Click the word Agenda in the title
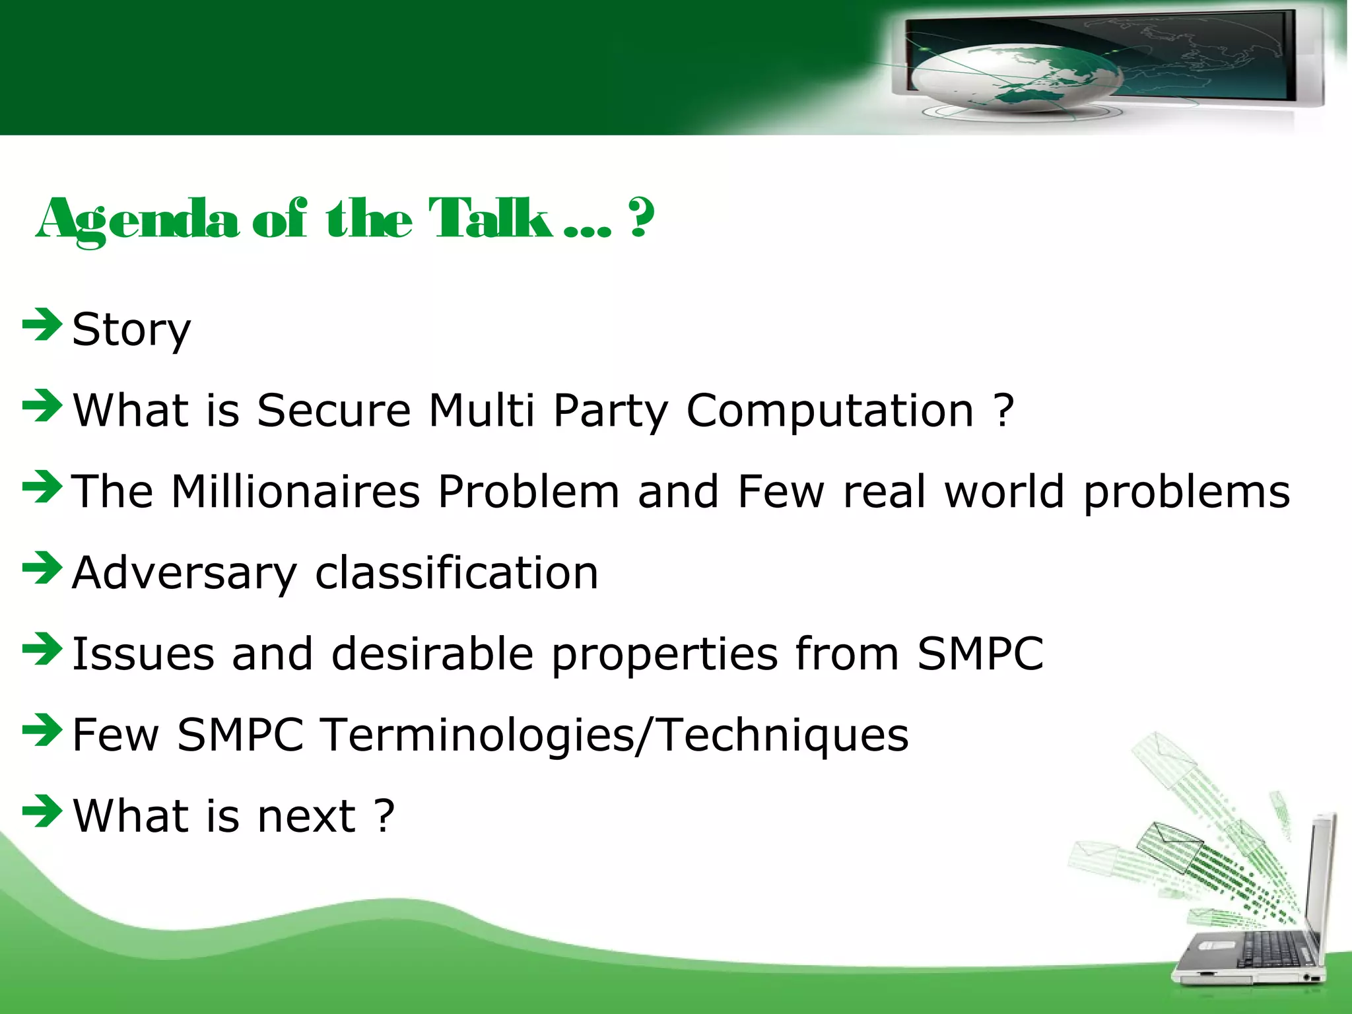[x=137, y=220]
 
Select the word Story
[x=131, y=329]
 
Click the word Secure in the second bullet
[x=334, y=411]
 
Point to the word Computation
[x=830, y=411]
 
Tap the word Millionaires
[x=296, y=492]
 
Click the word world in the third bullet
[x=1004, y=492]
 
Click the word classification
[x=457, y=573]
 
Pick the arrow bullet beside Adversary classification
[x=42, y=568]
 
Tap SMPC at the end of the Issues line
[x=980, y=654]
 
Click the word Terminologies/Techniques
[x=615, y=735]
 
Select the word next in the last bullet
[x=306, y=816]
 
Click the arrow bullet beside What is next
[x=42, y=811]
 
